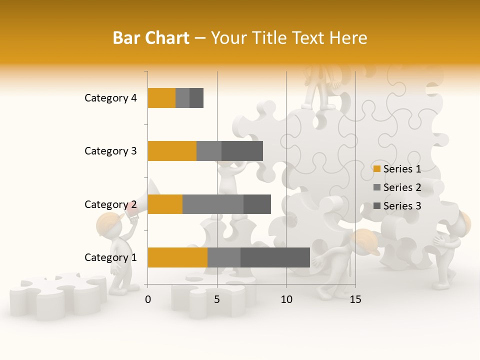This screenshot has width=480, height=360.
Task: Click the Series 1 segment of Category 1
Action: (x=177, y=257)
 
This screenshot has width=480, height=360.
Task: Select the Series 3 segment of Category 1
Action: (x=275, y=257)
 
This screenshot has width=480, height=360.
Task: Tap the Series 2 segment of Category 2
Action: (x=213, y=204)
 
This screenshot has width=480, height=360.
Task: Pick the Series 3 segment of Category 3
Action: (x=242, y=151)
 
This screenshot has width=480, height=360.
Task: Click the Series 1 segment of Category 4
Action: (x=161, y=98)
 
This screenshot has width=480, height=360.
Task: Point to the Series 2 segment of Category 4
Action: (x=182, y=98)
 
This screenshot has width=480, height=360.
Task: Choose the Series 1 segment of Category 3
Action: (x=172, y=151)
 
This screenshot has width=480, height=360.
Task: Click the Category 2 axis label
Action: (x=110, y=204)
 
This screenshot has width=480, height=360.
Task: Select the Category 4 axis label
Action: (x=110, y=98)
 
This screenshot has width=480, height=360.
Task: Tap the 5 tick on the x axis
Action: (x=217, y=299)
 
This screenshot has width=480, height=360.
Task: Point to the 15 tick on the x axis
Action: (x=355, y=299)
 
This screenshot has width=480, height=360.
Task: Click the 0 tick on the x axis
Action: (x=148, y=299)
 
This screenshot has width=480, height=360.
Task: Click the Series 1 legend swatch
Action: (x=376, y=169)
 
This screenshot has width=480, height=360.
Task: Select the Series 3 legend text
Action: (x=402, y=206)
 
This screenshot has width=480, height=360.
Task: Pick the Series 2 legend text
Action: (x=402, y=187)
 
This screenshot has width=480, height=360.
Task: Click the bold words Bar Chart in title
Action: (x=151, y=38)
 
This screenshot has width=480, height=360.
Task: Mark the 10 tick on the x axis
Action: (x=286, y=299)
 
